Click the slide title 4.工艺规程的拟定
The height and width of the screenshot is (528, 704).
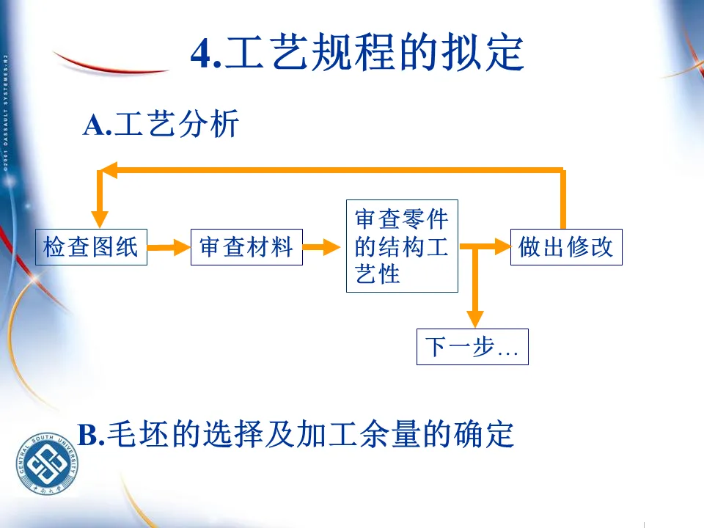tap(357, 53)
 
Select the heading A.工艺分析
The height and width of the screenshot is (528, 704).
tap(161, 125)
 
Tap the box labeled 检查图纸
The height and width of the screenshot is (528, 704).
tap(92, 247)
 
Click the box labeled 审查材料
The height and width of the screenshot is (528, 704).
tap(246, 247)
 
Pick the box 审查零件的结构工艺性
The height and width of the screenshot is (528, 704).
tap(402, 246)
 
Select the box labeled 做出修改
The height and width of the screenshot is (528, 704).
tap(566, 247)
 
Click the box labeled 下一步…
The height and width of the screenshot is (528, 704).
tap(472, 347)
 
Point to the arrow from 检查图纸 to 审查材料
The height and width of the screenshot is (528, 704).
tap(169, 247)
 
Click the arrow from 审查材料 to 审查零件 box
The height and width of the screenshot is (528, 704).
tap(323, 247)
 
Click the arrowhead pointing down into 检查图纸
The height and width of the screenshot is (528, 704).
tap(100, 218)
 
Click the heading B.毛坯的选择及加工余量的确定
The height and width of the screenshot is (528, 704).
tap(296, 435)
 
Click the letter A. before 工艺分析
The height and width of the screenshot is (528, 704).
tap(96, 125)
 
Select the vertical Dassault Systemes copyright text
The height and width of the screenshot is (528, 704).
tap(5, 110)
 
